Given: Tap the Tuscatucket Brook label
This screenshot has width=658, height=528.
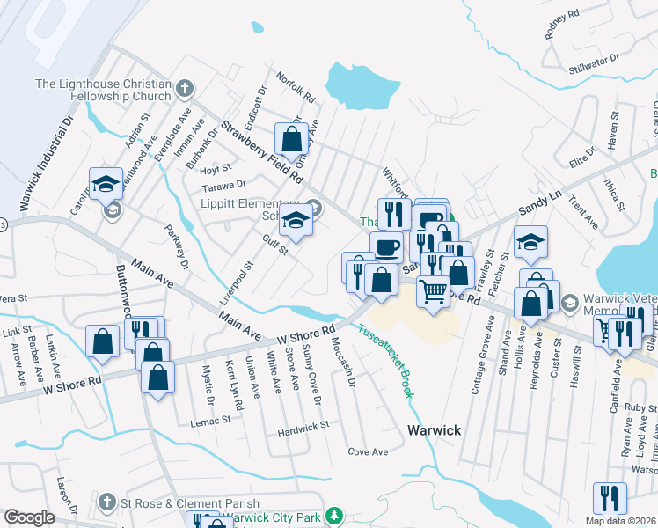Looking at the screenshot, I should coord(384,361).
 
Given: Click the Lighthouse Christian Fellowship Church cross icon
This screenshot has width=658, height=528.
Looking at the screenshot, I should coord(184,87).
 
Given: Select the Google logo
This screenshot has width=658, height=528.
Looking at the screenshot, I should coord(28,517).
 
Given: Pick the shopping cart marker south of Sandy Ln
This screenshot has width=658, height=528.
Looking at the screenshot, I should coord(432,290).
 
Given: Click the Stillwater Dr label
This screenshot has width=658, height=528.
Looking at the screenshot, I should coord(594,61).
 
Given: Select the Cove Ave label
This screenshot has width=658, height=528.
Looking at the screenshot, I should coord(368,451).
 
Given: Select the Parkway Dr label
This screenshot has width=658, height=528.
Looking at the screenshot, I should coord(177,246).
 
